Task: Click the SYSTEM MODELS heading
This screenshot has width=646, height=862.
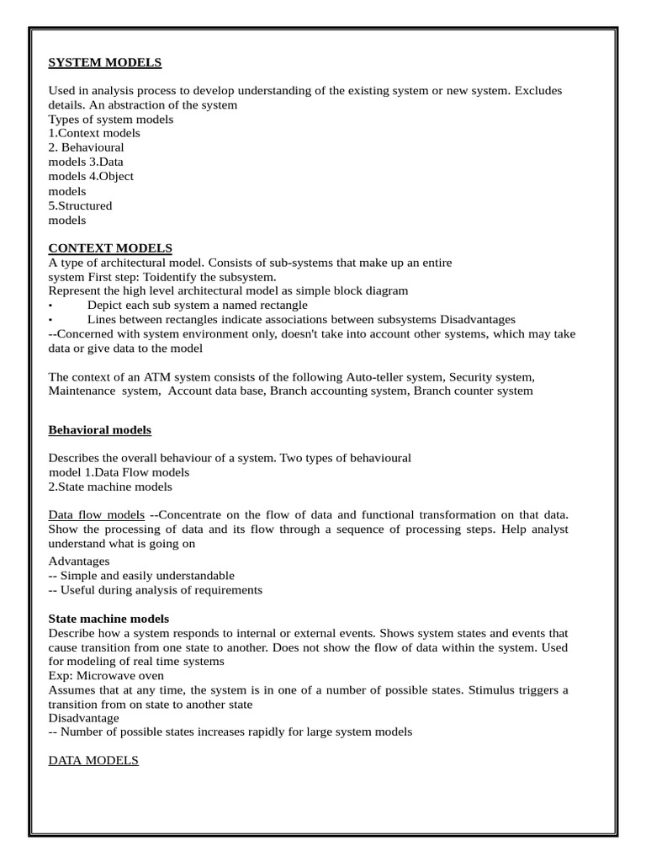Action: click(x=104, y=62)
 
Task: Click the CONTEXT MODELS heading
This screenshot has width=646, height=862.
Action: click(x=110, y=247)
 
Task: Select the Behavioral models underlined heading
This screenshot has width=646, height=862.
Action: click(x=99, y=429)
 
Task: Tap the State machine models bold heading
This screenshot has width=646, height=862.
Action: click(x=109, y=618)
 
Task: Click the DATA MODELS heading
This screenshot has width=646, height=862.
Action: click(x=93, y=760)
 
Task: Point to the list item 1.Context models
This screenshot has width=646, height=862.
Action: click(x=94, y=133)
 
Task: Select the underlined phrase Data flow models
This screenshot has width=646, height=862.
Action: click(x=96, y=514)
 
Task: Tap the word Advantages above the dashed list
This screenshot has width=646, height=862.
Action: click(x=78, y=561)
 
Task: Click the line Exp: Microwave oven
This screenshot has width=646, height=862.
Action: click(x=106, y=675)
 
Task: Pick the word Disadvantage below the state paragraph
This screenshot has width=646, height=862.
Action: click(x=83, y=718)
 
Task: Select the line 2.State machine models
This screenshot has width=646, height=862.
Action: click(x=110, y=487)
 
